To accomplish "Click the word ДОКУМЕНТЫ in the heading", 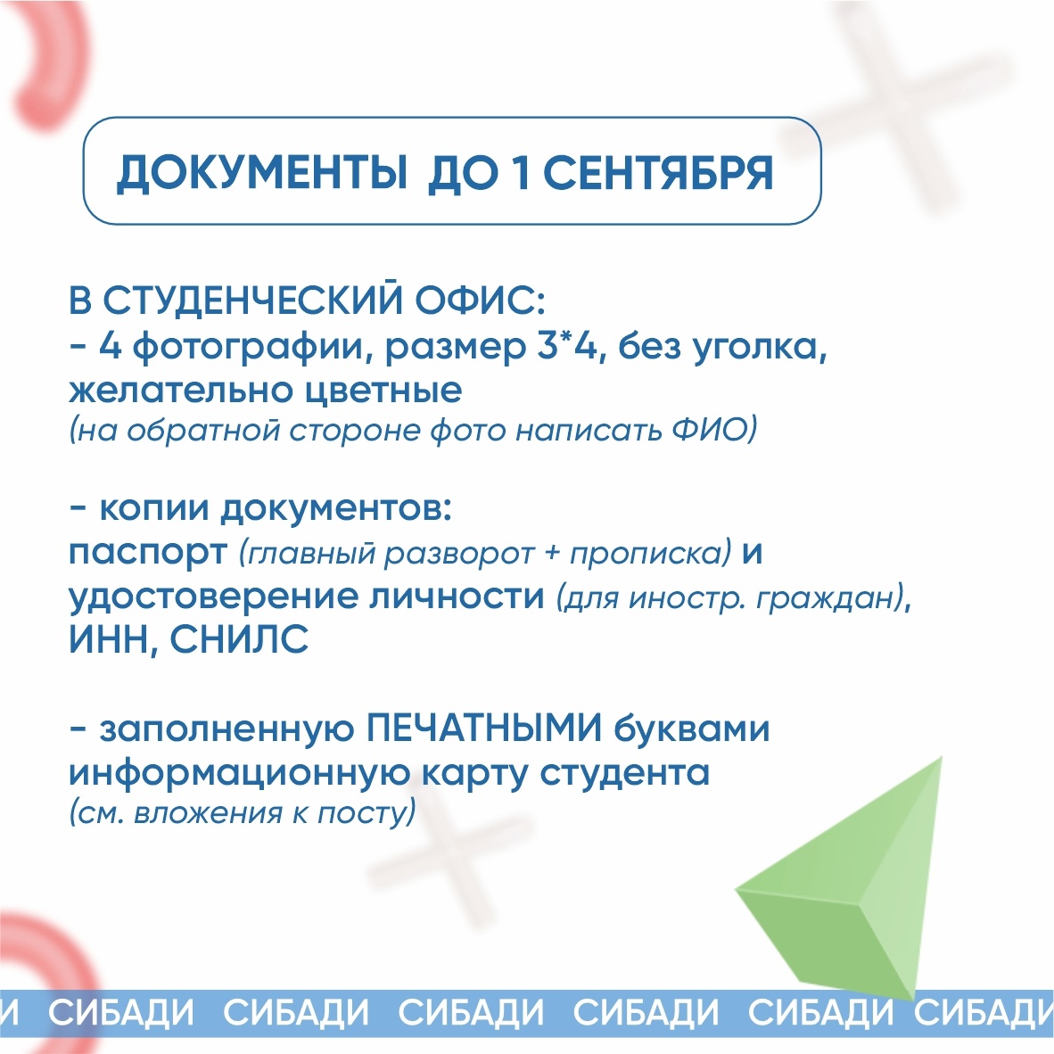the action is point(261,174).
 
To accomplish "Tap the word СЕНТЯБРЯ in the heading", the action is point(658,173).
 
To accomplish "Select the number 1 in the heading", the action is point(520,173).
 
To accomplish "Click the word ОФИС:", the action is point(479,301).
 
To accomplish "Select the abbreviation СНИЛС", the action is point(239,639).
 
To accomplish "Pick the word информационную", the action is point(239,774).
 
